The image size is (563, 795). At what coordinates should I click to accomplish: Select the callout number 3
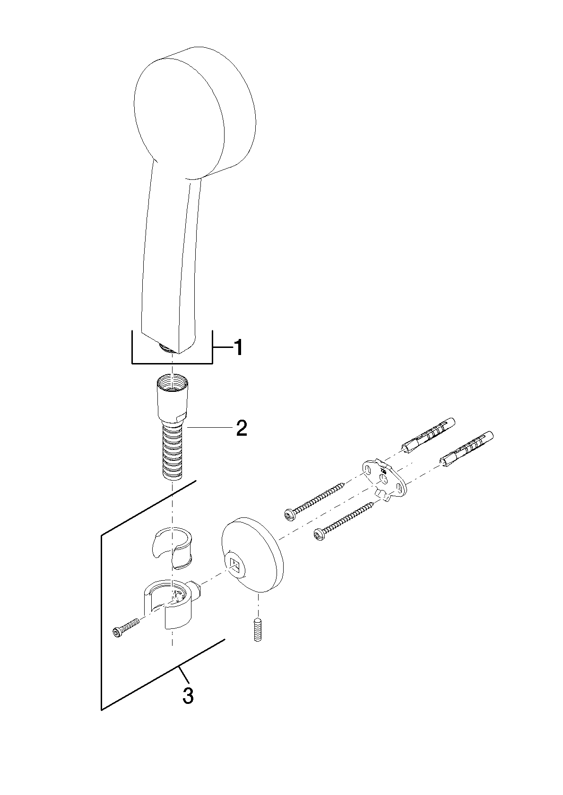click(188, 696)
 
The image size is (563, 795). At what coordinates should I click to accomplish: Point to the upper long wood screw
click(315, 501)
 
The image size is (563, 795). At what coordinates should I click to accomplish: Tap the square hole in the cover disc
click(235, 563)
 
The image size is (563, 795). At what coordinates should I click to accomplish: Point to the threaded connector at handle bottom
click(164, 347)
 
